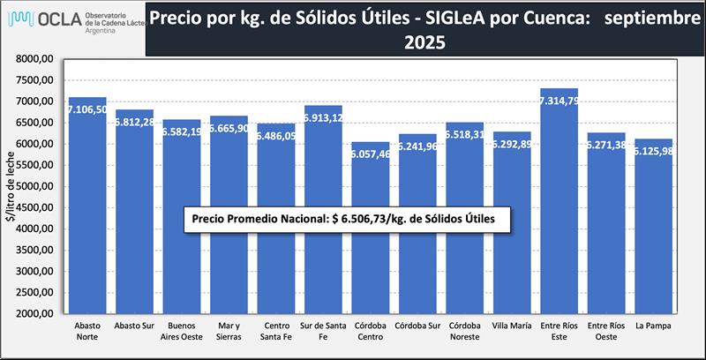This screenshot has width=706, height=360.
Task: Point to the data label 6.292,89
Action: pyautogui.click(x=513, y=145)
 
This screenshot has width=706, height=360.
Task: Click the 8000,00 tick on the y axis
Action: pyautogui.click(x=36, y=59)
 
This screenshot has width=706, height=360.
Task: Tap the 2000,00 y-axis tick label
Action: pyautogui.click(x=36, y=313)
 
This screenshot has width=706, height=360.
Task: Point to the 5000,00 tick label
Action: pyautogui.click(x=36, y=186)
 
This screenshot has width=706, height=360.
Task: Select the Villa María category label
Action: pyautogui.click(x=513, y=326)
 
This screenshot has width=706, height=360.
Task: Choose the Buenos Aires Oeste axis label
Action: pyautogui.click(x=182, y=331)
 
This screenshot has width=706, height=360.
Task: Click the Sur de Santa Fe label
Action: pyautogui.click(x=323, y=331)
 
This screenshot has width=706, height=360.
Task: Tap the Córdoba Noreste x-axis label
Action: pyautogui.click(x=465, y=331)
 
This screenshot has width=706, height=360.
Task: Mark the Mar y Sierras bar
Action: pyautogui.click(x=229, y=229)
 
